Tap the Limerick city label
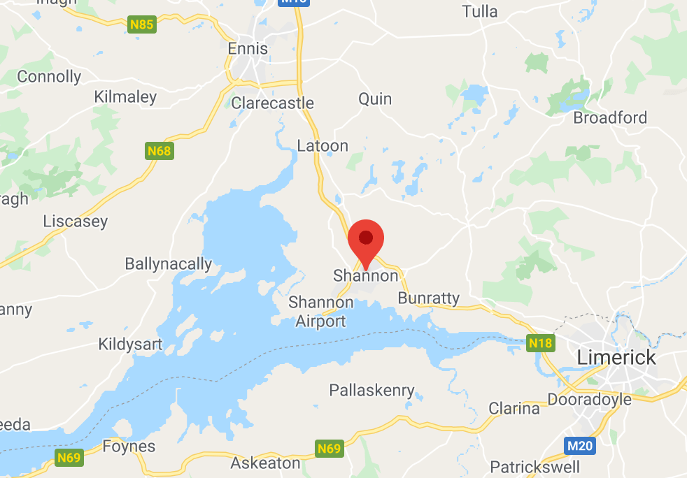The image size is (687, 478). click(616, 358)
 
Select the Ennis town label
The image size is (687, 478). click(248, 49)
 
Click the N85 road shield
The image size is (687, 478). click(142, 25)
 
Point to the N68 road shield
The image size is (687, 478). click(159, 150)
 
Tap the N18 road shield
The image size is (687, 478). click(541, 343)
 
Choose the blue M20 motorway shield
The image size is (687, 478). click(580, 445)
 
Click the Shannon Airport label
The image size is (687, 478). click(321, 312)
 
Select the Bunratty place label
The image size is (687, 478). click(428, 298)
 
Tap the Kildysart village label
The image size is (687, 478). click(130, 344)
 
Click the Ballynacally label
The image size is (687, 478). click(168, 263)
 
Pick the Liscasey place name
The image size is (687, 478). click(76, 222)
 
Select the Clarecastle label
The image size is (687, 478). click(272, 103)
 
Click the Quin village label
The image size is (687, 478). click(375, 99)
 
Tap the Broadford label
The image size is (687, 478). click(610, 117)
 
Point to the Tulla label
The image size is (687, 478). click(480, 11)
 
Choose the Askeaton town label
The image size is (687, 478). click(265, 463)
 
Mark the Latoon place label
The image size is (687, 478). click(323, 146)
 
